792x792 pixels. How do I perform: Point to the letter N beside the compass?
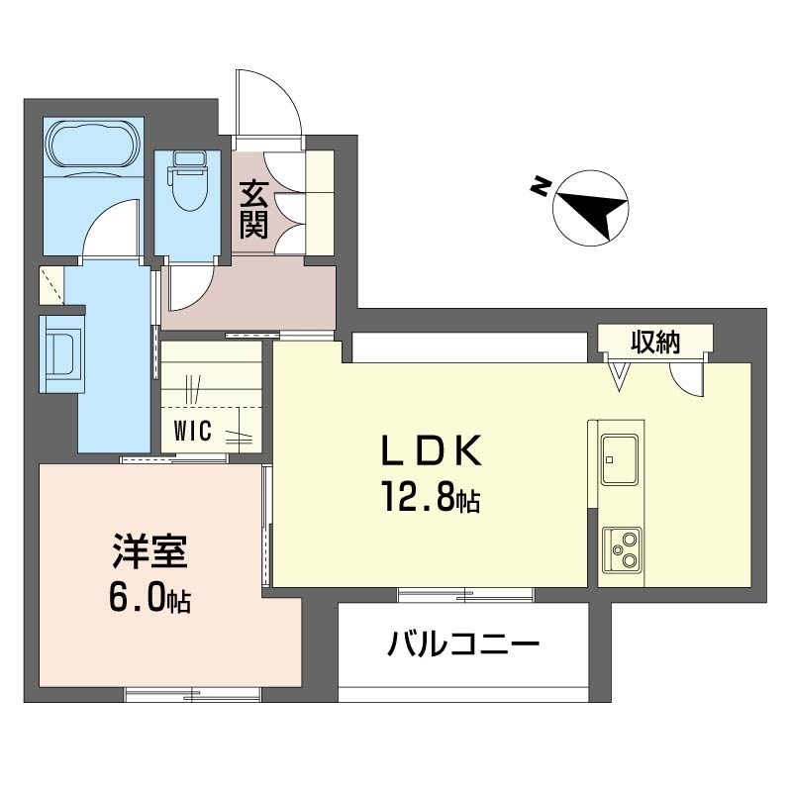click(541, 186)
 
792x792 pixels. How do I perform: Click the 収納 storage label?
click(655, 343)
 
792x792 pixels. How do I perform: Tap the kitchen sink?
click(621, 458)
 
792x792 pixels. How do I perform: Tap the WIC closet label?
click(192, 432)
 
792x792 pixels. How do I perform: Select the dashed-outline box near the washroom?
click(51, 285)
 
